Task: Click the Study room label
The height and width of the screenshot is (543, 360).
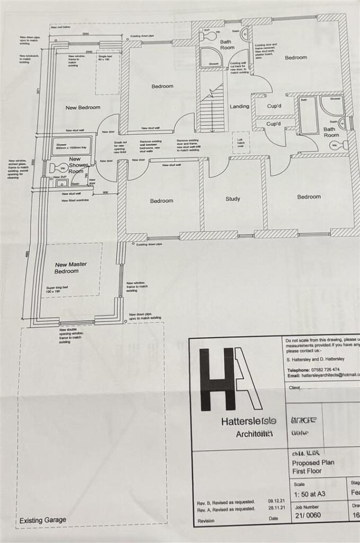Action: coord(233,199)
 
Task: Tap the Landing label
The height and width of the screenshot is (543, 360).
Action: coord(239,106)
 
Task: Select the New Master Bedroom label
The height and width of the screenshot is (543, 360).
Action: coord(71,268)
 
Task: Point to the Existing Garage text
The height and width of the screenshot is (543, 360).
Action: coord(43,520)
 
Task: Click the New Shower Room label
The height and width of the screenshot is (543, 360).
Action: coord(75,165)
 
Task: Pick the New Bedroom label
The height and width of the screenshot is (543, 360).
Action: coord(83,108)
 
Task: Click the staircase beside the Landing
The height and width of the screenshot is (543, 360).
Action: coord(212,109)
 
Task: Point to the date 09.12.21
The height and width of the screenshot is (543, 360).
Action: coord(277,501)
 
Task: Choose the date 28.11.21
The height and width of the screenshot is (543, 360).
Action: coord(277,509)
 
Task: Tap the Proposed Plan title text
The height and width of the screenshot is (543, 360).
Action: coord(313,462)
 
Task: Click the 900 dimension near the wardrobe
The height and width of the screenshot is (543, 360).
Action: coord(106,192)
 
